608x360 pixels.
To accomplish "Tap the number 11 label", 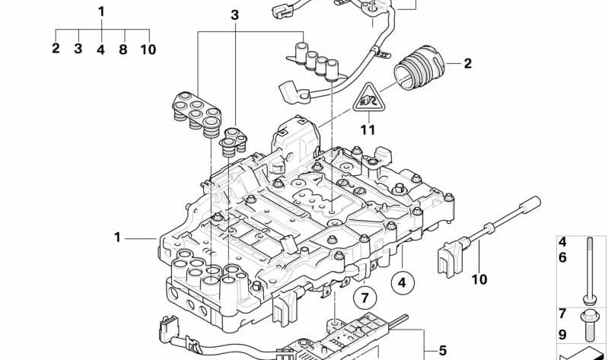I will [368, 130].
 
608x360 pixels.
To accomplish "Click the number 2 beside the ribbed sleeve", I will [468, 64].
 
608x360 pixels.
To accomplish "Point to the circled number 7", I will [364, 296].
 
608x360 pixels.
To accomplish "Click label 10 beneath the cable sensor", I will [478, 279].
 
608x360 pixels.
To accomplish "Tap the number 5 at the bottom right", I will [442, 351].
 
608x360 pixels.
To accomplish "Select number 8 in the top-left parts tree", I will [123, 49].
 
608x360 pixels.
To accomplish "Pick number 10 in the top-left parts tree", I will [148, 49].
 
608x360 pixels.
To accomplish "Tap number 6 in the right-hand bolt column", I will [563, 258].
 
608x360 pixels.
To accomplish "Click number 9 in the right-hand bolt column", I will [563, 333].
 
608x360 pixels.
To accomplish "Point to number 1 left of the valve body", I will [118, 237].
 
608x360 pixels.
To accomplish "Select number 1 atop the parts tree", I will [101, 11].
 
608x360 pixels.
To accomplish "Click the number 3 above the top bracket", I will [234, 14].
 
